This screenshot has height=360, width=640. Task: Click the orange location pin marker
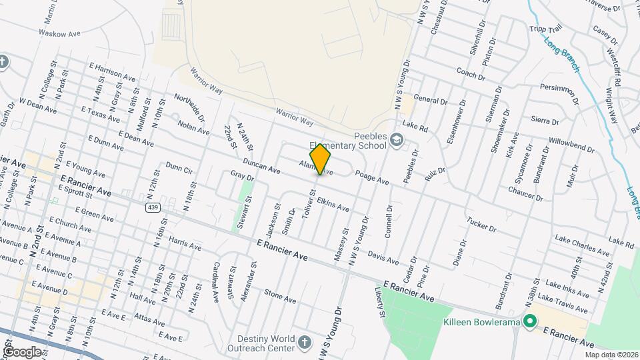[321, 159]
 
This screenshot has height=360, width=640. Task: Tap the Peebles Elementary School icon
[397, 139]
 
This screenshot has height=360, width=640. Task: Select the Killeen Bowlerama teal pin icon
[530, 322]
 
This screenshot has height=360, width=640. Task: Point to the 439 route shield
[153, 207]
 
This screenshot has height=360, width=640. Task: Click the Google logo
[22, 351]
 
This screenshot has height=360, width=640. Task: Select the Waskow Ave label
[59, 32]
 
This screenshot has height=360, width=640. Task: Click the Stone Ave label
[279, 296]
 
